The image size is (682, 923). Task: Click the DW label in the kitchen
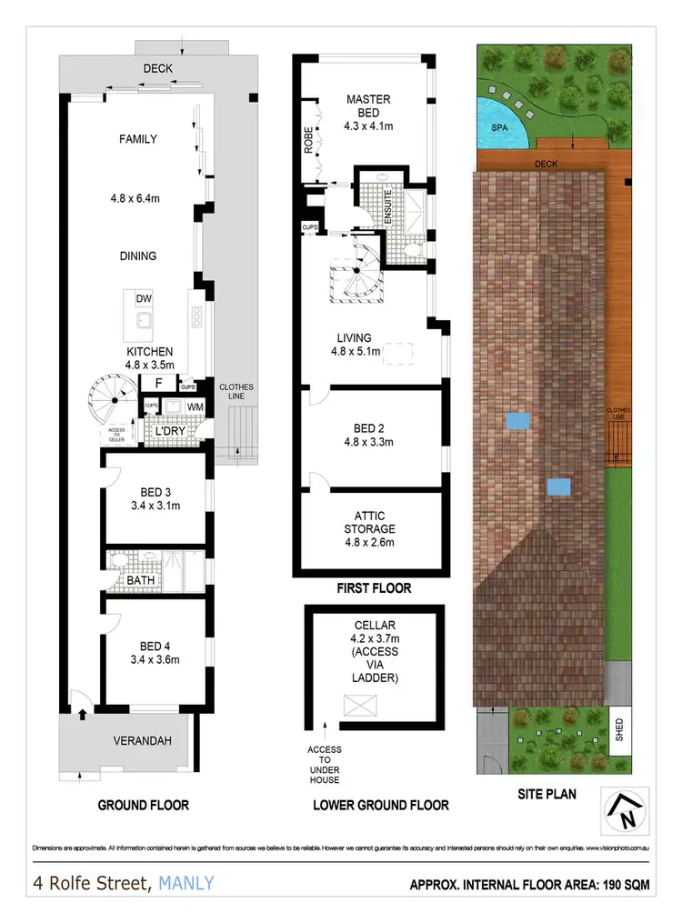[144, 299]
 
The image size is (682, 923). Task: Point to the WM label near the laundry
[195, 406]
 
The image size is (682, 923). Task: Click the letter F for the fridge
[158, 384]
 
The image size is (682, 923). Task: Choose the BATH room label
[140, 578]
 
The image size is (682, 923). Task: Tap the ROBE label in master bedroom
[308, 143]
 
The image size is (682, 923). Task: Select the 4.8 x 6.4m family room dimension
[138, 194]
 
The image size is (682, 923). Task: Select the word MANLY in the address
[186, 882]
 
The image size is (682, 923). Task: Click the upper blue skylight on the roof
[517, 421]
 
